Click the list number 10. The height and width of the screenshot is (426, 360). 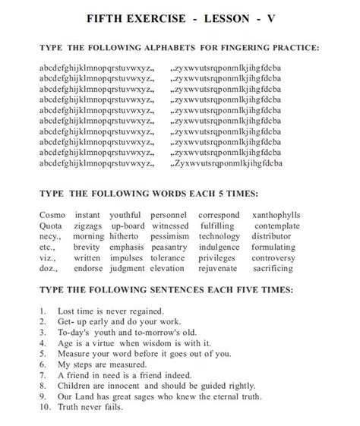click(45, 407)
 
